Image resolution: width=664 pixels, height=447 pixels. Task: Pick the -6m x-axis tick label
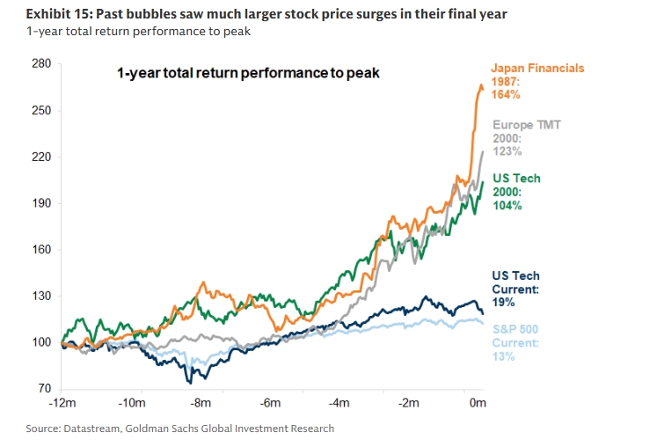coord(270,404)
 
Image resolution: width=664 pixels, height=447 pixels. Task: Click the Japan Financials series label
coord(536,68)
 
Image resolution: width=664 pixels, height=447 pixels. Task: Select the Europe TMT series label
coord(526,125)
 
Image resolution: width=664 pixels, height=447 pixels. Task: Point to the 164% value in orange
coord(506,94)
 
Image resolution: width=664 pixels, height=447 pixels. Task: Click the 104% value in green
coord(507,205)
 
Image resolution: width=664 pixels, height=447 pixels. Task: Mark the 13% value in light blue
coord(504,356)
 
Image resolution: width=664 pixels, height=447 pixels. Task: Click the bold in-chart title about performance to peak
coord(248,73)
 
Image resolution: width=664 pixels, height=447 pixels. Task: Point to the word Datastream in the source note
coord(94,429)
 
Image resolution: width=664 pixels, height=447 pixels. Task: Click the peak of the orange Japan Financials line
coord(481,85)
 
